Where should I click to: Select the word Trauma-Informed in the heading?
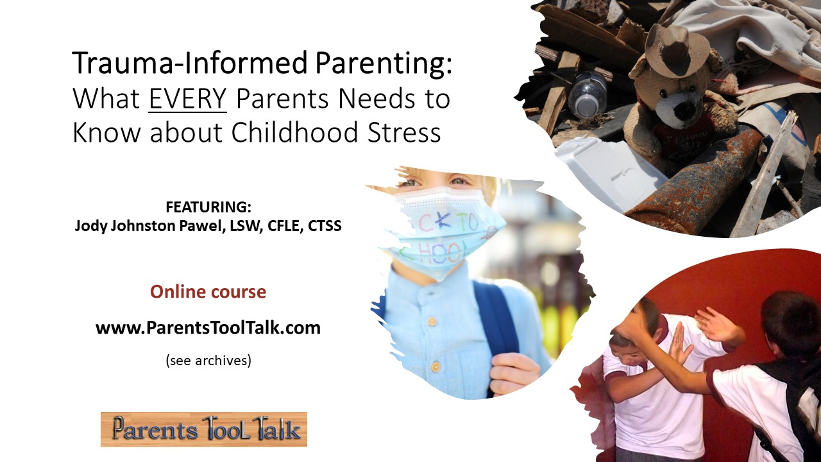click(189, 64)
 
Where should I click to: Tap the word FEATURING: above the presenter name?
click(208, 207)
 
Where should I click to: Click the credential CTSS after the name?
click(325, 226)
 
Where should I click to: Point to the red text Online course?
click(208, 292)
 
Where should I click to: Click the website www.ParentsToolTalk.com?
click(208, 328)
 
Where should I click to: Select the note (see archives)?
click(208, 361)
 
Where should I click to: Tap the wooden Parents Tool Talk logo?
click(204, 429)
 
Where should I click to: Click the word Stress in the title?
click(404, 132)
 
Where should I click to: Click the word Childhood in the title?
click(294, 132)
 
